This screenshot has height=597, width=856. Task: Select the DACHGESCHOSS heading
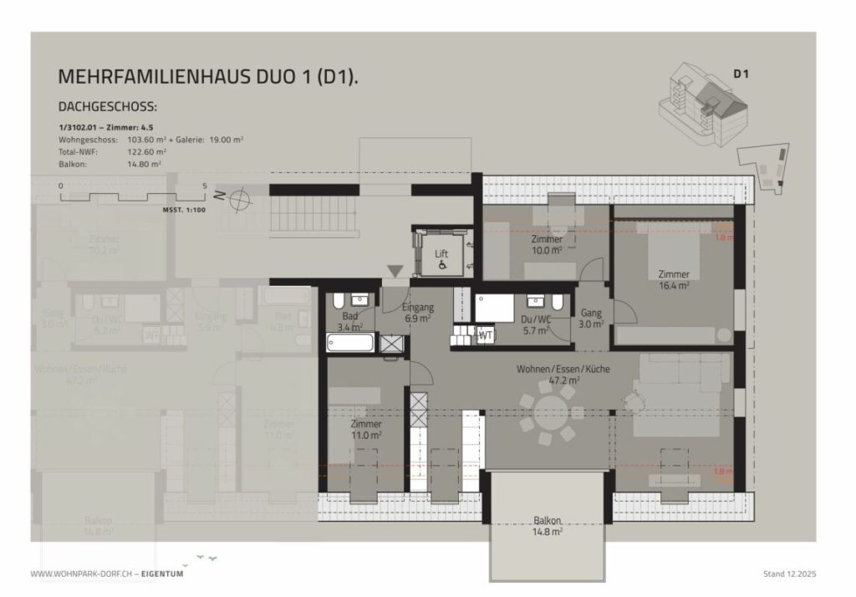click(x=108, y=108)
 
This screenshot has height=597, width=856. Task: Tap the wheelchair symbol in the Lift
click(x=441, y=265)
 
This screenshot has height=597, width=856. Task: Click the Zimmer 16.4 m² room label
click(x=673, y=279)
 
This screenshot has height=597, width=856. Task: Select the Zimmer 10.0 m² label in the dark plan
click(x=547, y=244)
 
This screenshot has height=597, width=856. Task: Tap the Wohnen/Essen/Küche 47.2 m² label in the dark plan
click(x=562, y=374)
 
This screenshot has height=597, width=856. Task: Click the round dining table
click(x=549, y=411)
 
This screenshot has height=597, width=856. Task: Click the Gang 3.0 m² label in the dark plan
click(x=591, y=319)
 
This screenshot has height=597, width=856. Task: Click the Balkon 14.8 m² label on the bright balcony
click(x=547, y=524)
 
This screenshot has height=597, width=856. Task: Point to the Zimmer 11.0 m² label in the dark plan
click(x=366, y=429)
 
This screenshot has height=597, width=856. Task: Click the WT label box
click(x=485, y=335)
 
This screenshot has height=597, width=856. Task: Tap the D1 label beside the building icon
click(x=740, y=74)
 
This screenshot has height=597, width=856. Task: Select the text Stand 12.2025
click(x=789, y=574)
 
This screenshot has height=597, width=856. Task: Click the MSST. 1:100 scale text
click(x=184, y=211)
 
